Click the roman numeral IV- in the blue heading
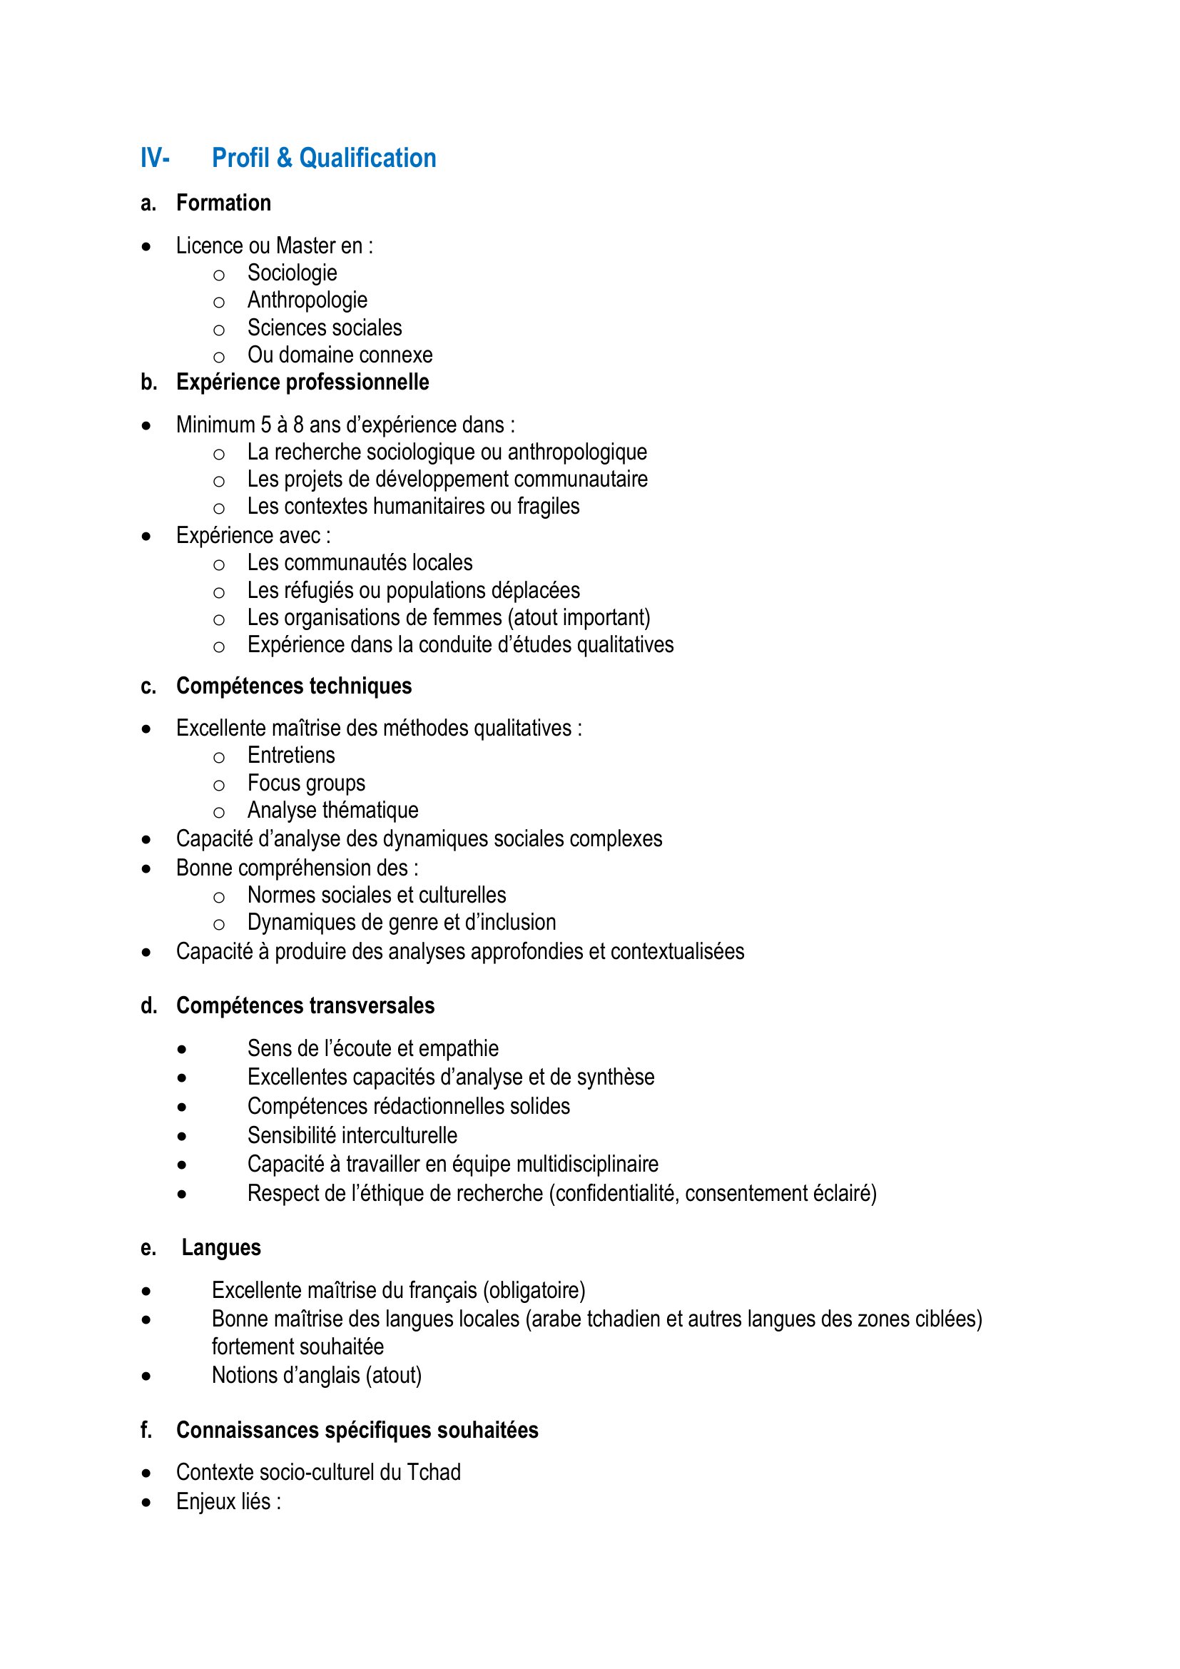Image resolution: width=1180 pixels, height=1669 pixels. (155, 158)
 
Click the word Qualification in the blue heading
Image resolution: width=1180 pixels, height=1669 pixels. (367, 158)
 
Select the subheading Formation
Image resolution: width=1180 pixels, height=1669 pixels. (223, 203)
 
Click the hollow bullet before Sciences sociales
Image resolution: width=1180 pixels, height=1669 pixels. (219, 330)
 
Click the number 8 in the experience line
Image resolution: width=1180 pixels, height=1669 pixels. (298, 425)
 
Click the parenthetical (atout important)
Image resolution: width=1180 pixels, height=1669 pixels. (579, 617)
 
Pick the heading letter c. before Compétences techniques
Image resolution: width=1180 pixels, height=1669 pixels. (148, 686)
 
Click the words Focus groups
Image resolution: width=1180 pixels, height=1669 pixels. (306, 783)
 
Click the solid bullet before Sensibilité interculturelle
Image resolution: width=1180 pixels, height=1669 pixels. (182, 1136)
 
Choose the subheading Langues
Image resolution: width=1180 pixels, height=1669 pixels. (221, 1247)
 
